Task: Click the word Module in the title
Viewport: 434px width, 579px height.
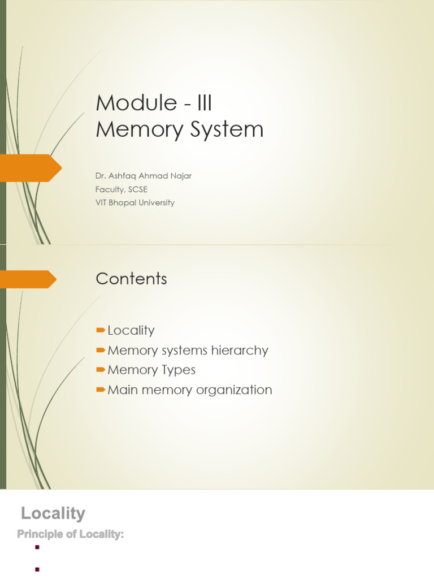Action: [x=128, y=103]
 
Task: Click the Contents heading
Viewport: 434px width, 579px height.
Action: [x=131, y=279]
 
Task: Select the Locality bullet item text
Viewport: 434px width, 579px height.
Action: [x=131, y=330]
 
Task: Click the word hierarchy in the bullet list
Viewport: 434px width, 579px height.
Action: [x=239, y=350]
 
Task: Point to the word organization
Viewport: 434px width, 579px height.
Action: [x=236, y=390]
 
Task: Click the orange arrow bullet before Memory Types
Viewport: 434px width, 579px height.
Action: [x=101, y=370]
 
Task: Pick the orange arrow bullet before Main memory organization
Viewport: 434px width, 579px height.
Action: [x=101, y=390]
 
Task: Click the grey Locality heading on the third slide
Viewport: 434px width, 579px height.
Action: [x=53, y=513]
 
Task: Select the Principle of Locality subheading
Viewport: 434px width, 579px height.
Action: [x=70, y=534]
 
